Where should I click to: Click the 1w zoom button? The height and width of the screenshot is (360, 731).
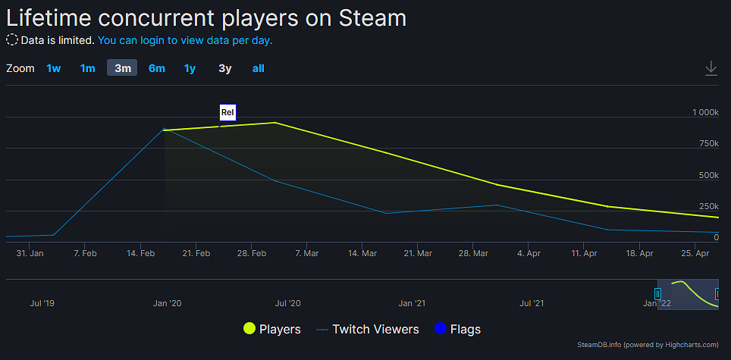(x=54, y=68)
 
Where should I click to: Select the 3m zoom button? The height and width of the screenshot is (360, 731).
(x=122, y=68)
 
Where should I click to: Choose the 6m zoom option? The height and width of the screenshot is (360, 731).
(x=157, y=68)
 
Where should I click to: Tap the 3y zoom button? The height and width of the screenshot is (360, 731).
(x=224, y=68)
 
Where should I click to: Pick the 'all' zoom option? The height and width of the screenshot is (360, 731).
(x=259, y=68)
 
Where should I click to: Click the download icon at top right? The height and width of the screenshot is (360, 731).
(x=711, y=68)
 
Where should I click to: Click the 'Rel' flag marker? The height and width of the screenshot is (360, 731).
(x=227, y=112)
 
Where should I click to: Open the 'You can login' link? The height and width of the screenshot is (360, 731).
(x=185, y=40)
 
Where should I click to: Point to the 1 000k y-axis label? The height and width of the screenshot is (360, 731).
(x=704, y=112)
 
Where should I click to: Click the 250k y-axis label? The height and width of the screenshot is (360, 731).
(x=707, y=206)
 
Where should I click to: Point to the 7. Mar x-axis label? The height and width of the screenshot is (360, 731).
(x=306, y=252)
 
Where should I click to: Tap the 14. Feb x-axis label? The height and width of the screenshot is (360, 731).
(x=141, y=252)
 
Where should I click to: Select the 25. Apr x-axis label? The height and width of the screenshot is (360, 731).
(x=693, y=252)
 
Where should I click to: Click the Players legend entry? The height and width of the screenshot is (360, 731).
(x=271, y=329)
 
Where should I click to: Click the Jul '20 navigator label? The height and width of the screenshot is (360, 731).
(x=287, y=303)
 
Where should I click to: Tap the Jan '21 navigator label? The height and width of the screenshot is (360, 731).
(x=412, y=303)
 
